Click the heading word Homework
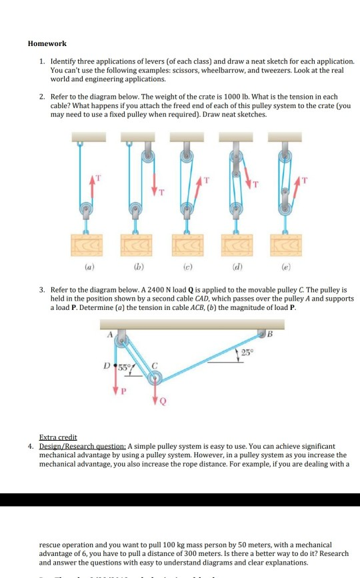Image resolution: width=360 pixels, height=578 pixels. [x=47, y=43]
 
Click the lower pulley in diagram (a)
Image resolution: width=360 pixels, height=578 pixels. [x=86, y=211]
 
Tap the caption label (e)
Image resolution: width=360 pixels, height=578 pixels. [x=285, y=272]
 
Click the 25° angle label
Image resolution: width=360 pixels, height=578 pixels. [x=247, y=352]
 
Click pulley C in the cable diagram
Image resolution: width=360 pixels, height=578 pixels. [x=155, y=379]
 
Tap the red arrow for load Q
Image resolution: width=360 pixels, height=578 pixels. [x=155, y=396]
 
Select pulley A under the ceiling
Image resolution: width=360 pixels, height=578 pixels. [x=121, y=342]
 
